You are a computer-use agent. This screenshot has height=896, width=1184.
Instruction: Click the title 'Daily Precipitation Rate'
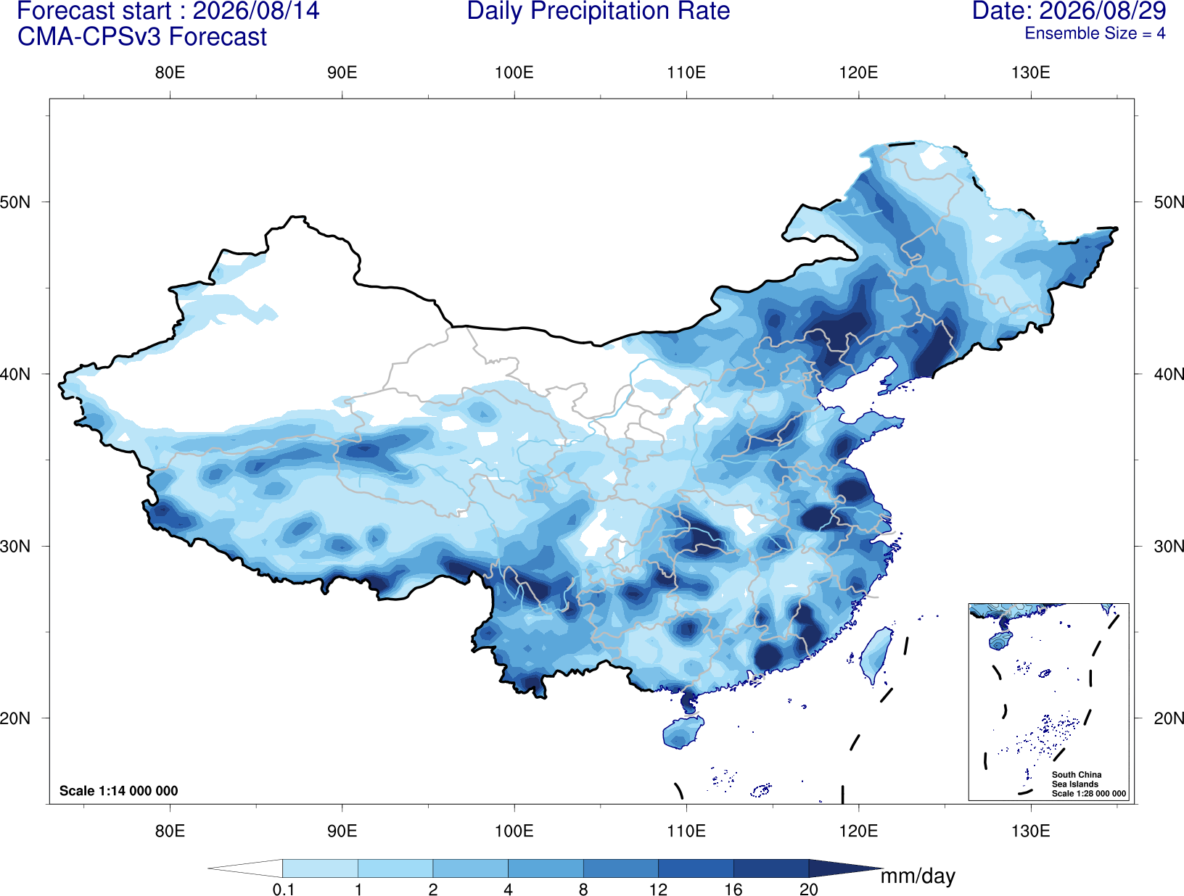[x=599, y=12]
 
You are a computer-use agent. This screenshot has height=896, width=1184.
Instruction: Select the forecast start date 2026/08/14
[x=255, y=12]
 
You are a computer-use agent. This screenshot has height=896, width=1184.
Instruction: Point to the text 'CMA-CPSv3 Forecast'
[x=142, y=37]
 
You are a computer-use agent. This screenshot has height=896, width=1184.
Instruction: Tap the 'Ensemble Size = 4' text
[x=1095, y=33]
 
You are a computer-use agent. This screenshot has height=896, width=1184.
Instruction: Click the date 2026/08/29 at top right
[x=1103, y=11]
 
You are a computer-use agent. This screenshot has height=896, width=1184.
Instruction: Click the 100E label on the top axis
[x=514, y=72]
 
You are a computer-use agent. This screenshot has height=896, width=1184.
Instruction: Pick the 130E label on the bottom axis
[x=1031, y=830]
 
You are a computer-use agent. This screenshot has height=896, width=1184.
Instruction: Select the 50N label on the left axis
[x=15, y=202]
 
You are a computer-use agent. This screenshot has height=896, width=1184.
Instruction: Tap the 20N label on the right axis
[x=1168, y=718]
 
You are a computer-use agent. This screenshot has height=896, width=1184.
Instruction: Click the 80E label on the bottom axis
[x=170, y=830]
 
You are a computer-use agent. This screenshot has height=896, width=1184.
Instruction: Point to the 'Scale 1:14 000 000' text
[x=119, y=790]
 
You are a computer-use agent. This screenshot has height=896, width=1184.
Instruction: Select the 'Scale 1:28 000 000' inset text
[x=1088, y=793]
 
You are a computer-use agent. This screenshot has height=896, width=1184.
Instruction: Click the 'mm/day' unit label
[x=918, y=876]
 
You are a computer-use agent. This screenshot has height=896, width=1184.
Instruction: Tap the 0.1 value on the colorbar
[x=283, y=889]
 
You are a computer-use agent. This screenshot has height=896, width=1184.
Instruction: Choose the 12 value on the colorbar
[x=658, y=889]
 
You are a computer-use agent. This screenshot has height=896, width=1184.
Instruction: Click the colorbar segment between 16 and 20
[x=770, y=868]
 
